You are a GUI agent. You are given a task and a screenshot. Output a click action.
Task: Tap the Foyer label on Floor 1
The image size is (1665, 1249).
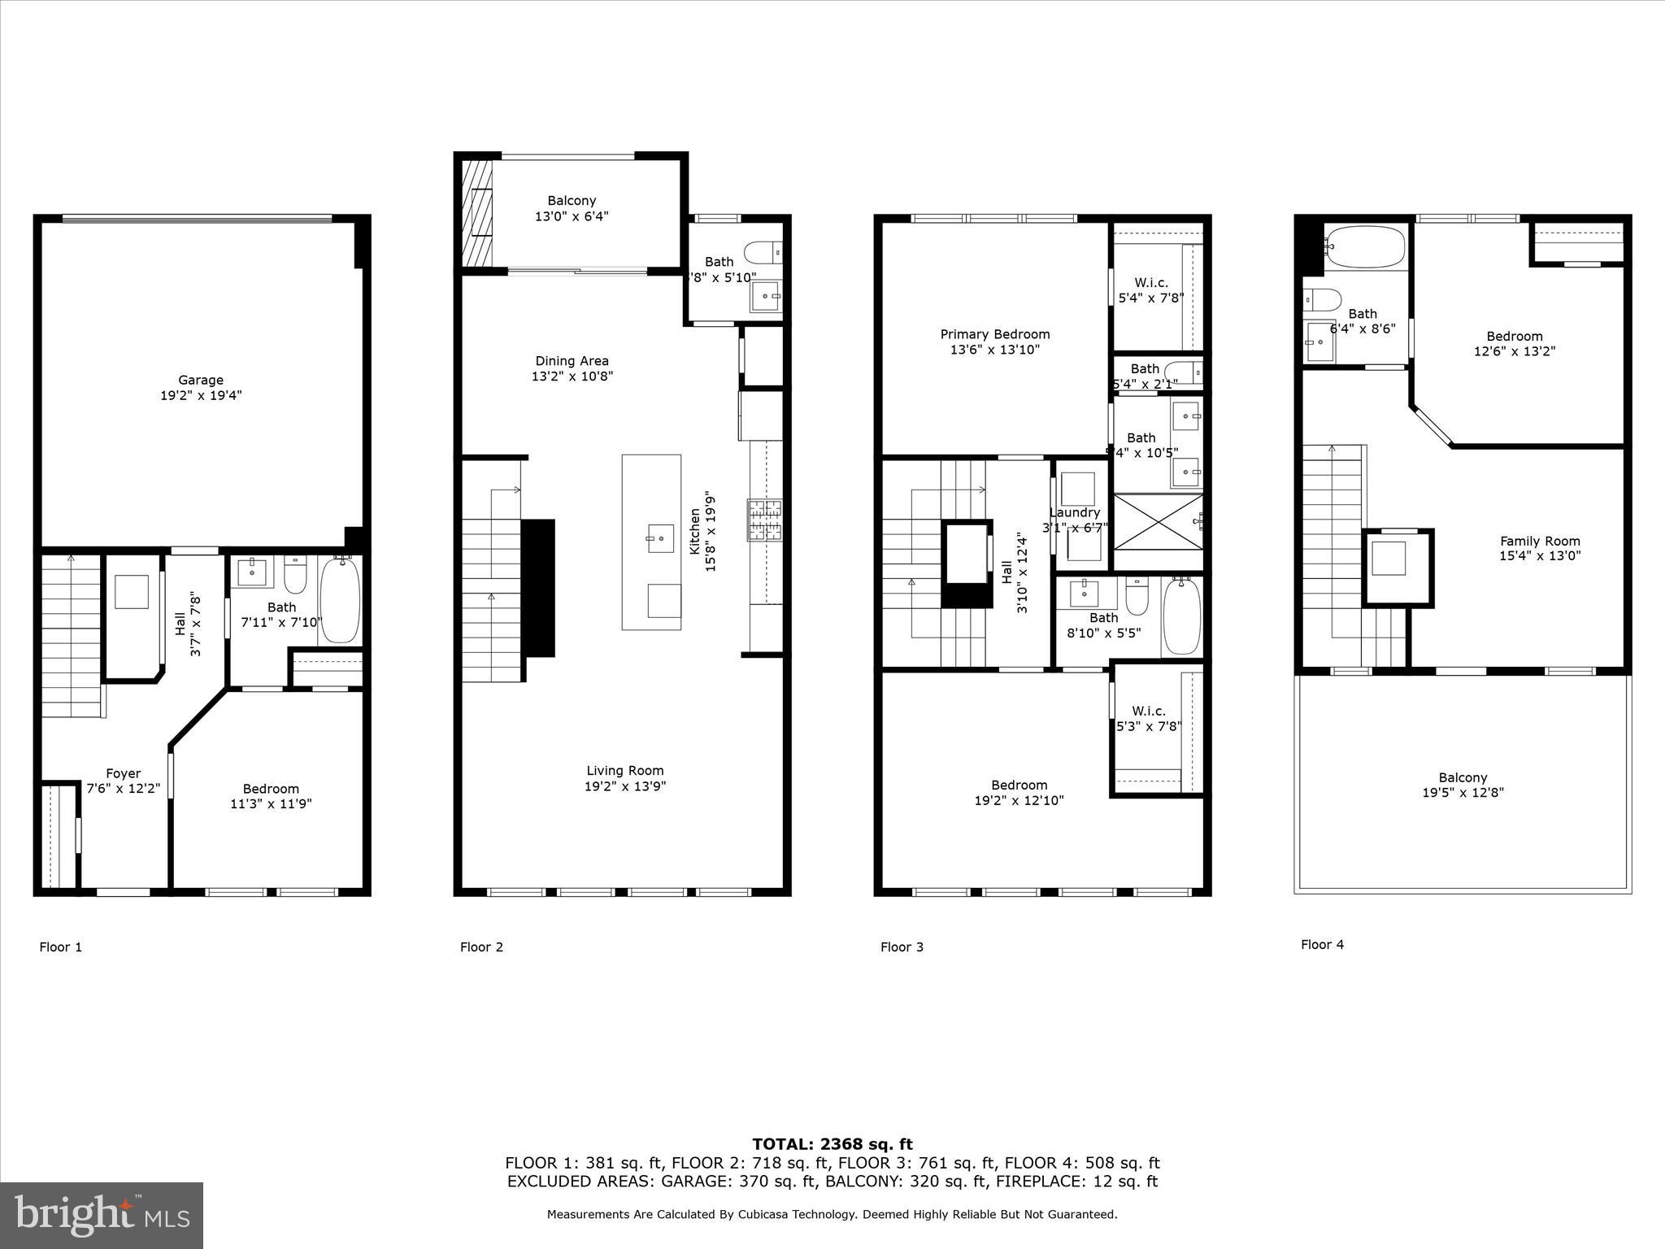point(123,773)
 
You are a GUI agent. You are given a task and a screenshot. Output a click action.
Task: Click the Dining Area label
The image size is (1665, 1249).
point(572,361)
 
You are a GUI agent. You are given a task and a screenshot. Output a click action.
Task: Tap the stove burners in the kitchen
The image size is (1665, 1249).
point(764,521)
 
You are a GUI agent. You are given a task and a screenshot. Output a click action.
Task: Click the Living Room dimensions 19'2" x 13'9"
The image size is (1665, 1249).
point(625,786)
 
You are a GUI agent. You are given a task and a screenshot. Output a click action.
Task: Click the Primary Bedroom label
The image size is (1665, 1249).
point(995,334)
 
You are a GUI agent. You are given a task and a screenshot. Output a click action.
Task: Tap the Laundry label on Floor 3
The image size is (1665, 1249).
point(1074,512)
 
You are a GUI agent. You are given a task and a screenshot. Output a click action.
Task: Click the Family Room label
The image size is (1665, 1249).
point(1540,541)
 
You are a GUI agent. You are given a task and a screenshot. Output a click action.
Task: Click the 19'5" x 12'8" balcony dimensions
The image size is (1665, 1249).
point(1463,793)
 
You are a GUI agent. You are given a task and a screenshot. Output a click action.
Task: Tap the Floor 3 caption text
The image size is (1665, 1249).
point(902,947)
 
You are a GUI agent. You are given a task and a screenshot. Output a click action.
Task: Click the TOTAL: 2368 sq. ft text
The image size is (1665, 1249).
point(832,1144)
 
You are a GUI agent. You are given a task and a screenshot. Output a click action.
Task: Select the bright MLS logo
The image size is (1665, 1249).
point(102,1215)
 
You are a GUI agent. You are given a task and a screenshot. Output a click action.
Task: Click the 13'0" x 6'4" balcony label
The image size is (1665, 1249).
point(572,216)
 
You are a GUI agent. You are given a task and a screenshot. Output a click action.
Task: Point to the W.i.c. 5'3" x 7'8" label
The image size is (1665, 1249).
point(1148,719)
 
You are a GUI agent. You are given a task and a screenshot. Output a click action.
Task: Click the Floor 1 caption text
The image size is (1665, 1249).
point(61,947)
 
